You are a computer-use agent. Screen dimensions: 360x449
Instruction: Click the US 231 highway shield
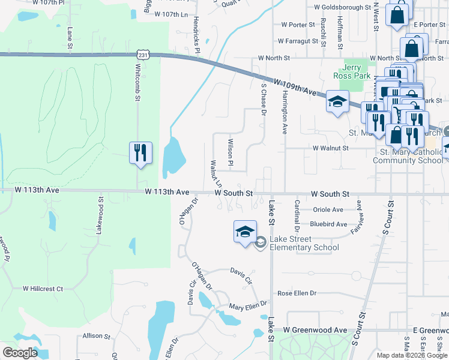click(x=142, y=55)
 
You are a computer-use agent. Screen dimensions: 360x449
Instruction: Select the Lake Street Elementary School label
click(x=304, y=244)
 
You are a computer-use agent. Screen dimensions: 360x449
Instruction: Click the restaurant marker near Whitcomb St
click(x=140, y=152)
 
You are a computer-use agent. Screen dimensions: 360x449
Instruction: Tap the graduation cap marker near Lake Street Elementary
click(x=245, y=233)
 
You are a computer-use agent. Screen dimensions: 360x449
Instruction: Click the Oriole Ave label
click(x=328, y=210)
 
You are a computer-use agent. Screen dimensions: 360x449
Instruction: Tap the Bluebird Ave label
click(x=328, y=224)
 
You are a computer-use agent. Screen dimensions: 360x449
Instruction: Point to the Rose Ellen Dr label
click(x=297, y=294)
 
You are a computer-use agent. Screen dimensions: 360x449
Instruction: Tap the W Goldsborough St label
click(x=343, y=8)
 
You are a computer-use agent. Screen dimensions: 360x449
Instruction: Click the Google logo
click(x=20, y=353)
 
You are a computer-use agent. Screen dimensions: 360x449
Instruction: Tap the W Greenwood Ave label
click(x=315, y=330)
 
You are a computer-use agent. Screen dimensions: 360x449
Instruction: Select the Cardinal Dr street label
click(x=297, y=217)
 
